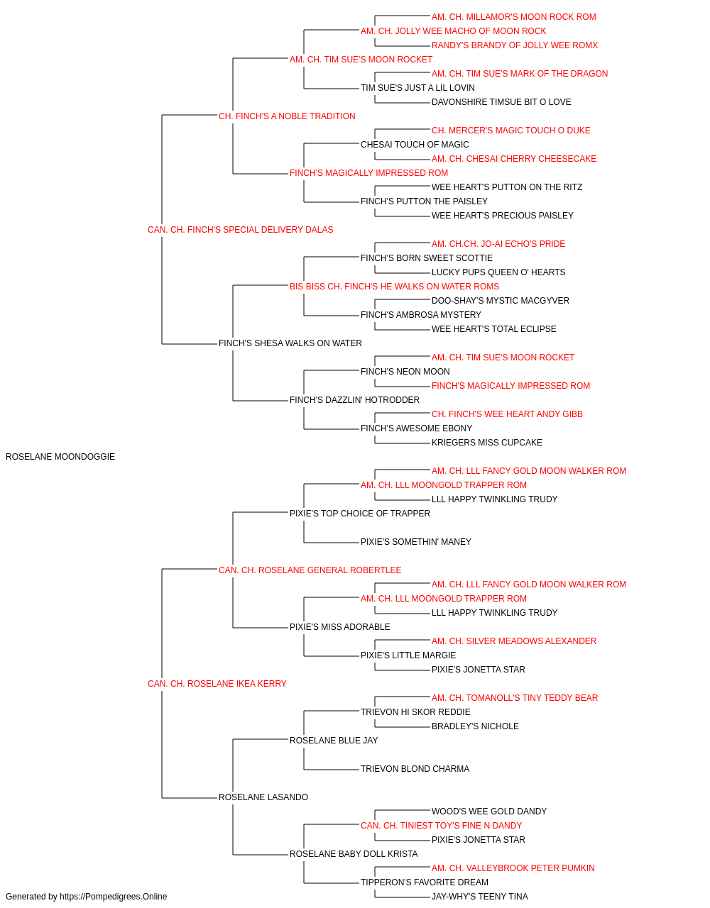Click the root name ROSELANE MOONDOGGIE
[x=60, y=457]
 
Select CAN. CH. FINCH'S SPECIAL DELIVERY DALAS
[x=241, y=230]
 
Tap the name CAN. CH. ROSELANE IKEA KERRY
[x=217, y=684]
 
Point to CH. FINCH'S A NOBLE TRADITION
[x=287, y=116]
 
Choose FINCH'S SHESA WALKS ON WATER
[x=290, y=343]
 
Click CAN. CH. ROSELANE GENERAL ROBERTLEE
[x=310, y=570]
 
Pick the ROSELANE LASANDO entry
[x=263, y=797]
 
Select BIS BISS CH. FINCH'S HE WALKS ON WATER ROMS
[x=394, y=286]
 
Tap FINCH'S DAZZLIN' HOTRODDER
[x=354, y=400]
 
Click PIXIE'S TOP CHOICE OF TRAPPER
[x=360, y=513]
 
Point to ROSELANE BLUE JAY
[x=334, y=741]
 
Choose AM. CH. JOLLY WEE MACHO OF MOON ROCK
[x=453, y=31]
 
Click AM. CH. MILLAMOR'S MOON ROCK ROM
[x=514, y=17]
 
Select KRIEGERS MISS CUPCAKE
[x=487, y=443]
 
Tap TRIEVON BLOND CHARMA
[x=415, y=769]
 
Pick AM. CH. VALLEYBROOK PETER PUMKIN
[x=513, y=868]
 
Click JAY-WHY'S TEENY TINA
[x=480, y=897]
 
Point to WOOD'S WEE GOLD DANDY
[x=489, y=811]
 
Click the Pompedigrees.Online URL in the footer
[x=114, y=897]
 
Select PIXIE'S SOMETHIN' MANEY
[x=416, y=541]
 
